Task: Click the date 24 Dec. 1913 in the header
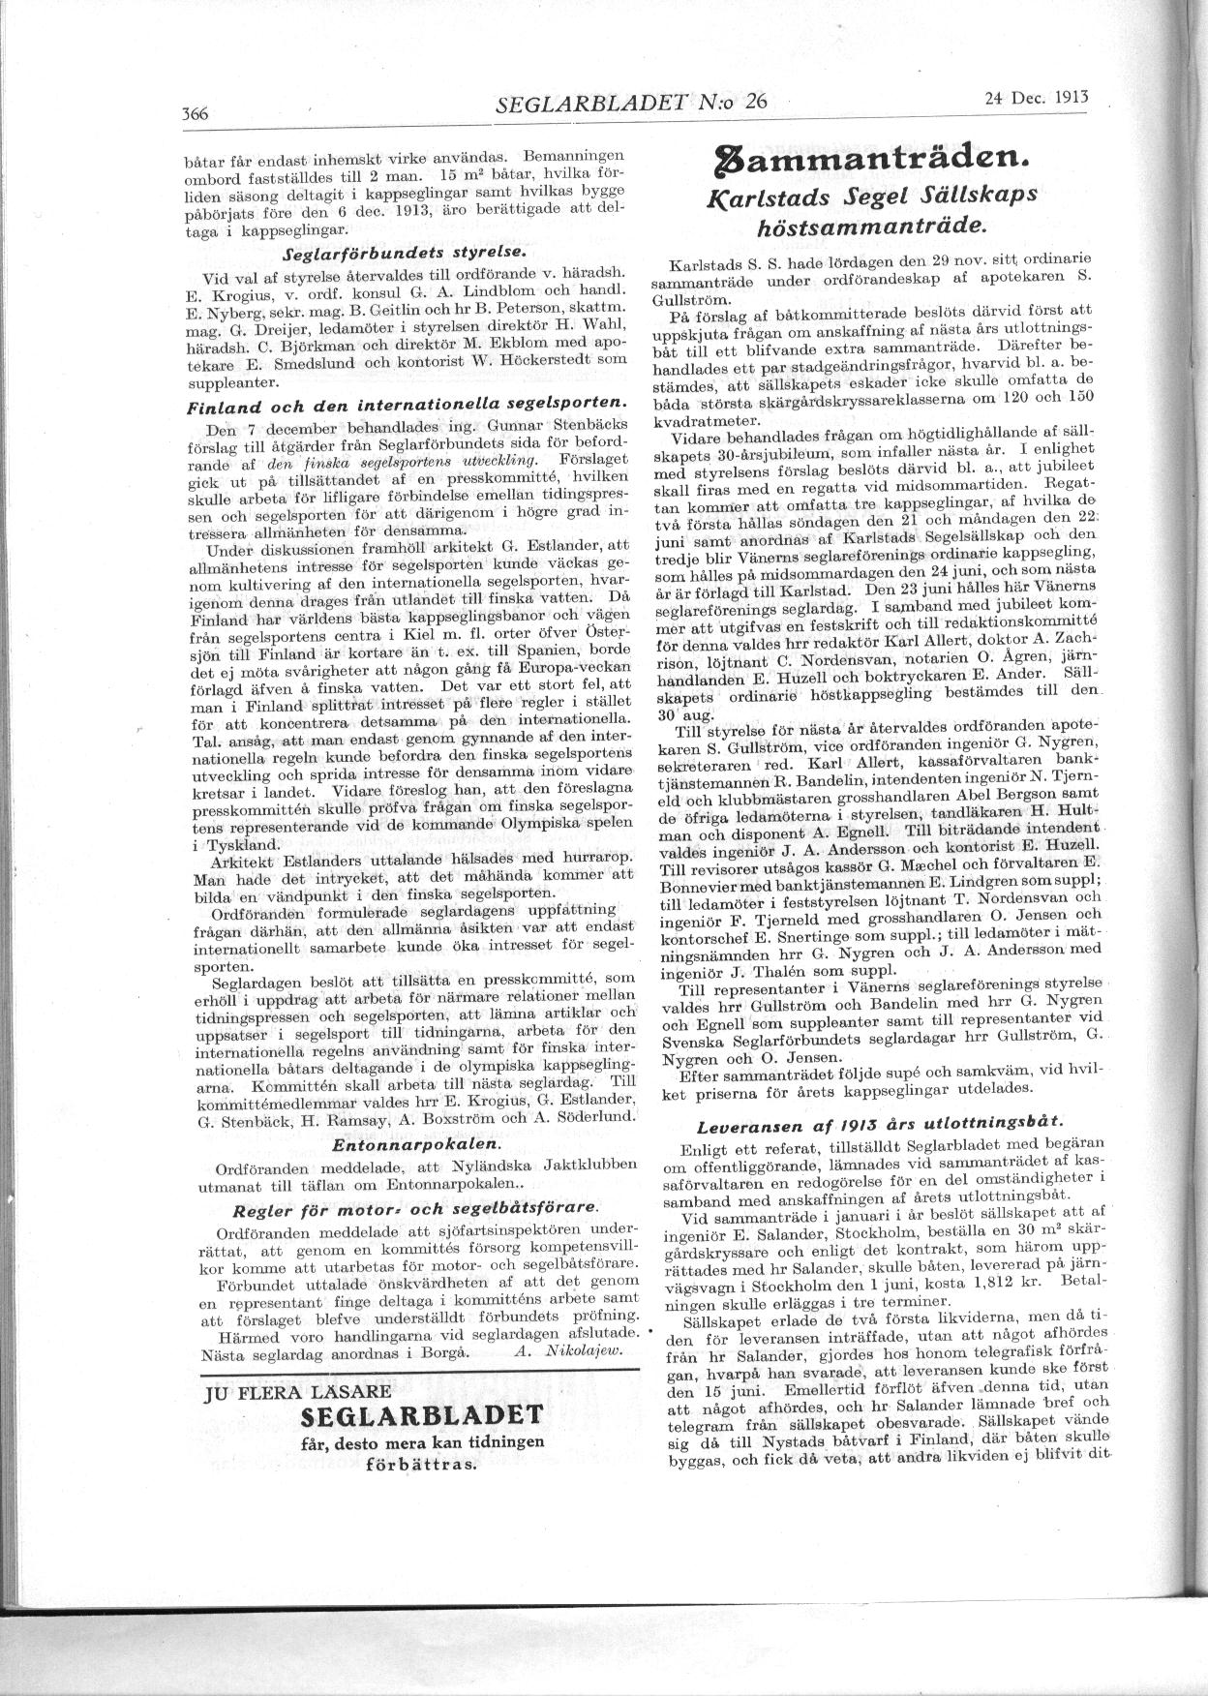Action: click(1035, 97)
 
